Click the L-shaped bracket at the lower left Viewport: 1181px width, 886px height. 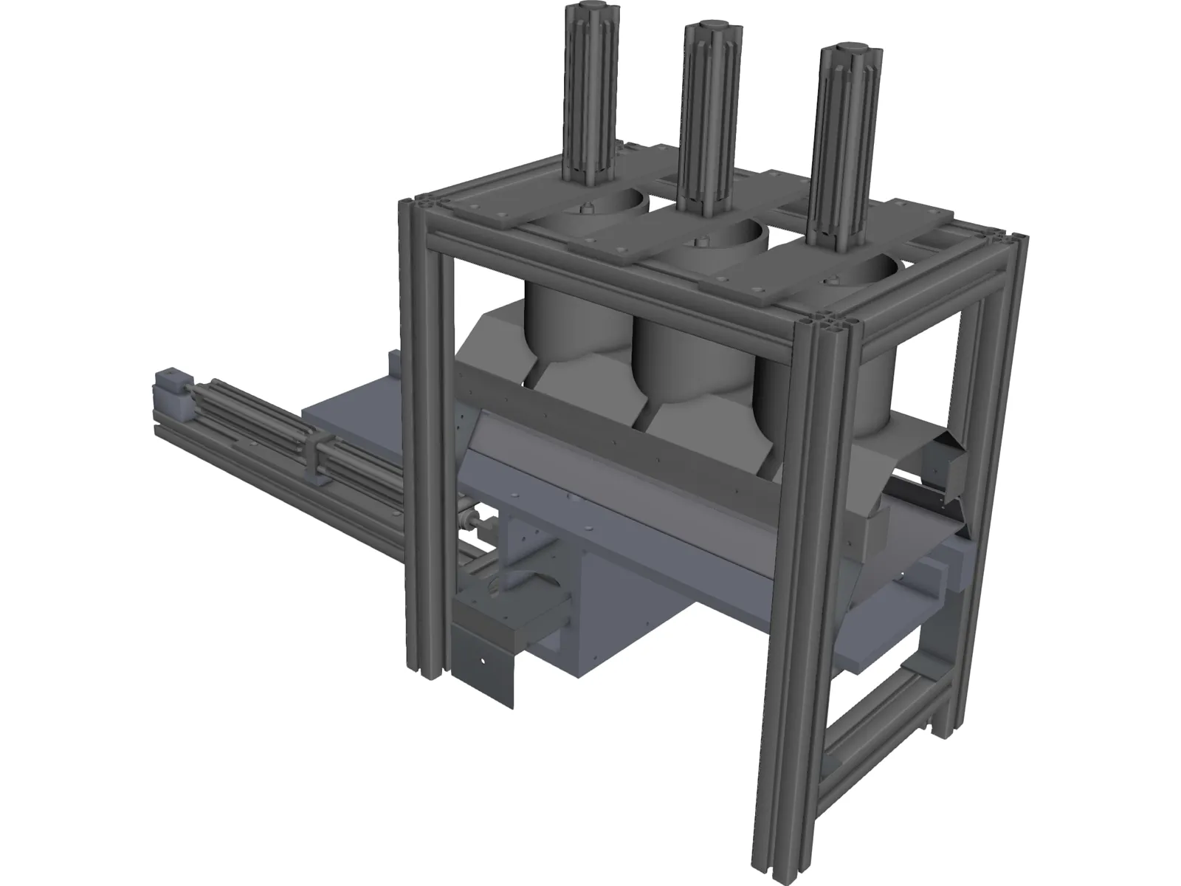point(480,650)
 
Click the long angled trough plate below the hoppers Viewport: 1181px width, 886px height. point(664,473)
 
